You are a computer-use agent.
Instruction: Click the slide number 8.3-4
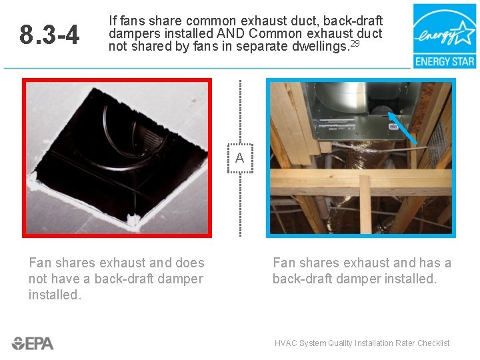(x=49, y=34)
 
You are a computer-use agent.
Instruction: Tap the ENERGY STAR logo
(x=445, y=36)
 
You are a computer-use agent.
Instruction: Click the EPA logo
(x=33, y=343)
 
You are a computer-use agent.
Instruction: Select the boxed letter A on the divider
(x=240, y=158)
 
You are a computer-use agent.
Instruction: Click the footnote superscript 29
(x=355, y=43)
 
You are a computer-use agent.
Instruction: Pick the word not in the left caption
(x=38, y=279)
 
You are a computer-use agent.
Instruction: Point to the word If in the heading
(x=113, y=21)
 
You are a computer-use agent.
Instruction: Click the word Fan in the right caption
(x=284, y=263)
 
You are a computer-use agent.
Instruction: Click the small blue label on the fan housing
(x=393, y=127)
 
